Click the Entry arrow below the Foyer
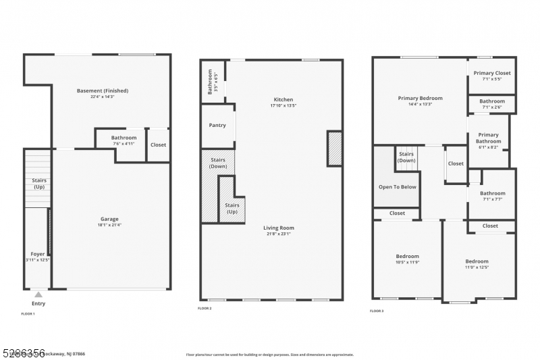pos(38,294)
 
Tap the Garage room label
pos(109,219)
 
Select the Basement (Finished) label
pos(103,91)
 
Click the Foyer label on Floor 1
pos(37,254)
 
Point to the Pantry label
pos(217,125)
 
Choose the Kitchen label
pos(283,99)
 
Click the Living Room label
pos(279,228)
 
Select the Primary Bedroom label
pos(420,98)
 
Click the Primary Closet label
pos(492,73)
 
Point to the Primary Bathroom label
pos(488,138)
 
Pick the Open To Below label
pos(398,187)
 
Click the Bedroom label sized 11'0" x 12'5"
pos(477,261)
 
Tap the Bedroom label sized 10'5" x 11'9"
pos(407,256)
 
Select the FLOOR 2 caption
pos(205,308)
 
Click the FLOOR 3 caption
pos(376,311)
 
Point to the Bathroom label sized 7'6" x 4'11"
pos(124,138)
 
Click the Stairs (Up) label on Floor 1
pos(38,183)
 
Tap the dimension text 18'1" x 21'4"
pos(109,224)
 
